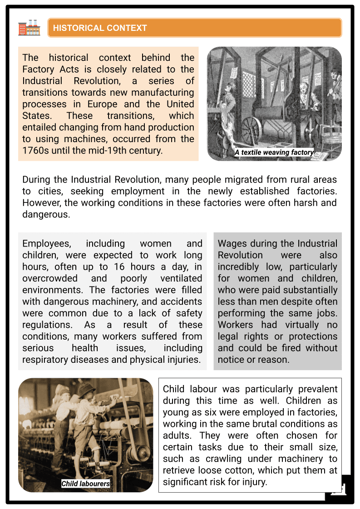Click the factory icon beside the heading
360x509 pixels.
tap(29, 28)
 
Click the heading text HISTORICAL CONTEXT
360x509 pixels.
tap(100, 28)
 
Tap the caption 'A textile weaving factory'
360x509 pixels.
tap(274, 153)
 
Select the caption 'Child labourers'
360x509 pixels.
tap(86, 484)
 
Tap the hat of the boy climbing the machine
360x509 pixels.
tap(86, 389)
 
